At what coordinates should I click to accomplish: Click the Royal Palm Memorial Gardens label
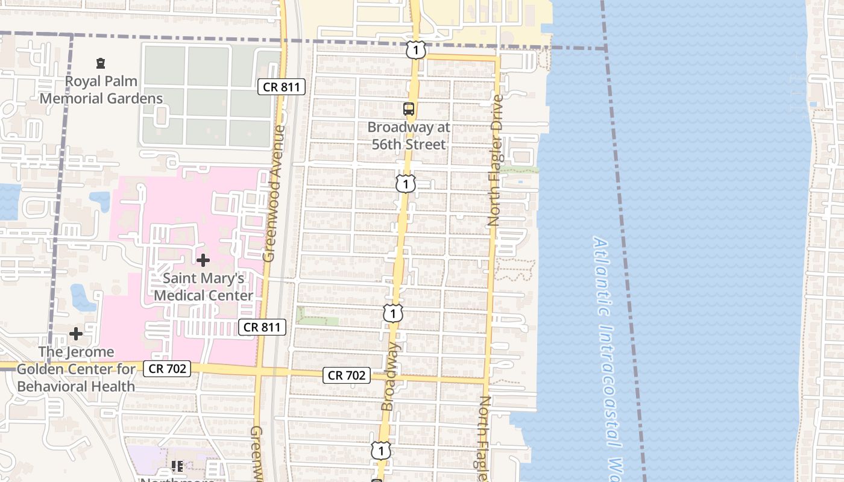click(x=101, y=90)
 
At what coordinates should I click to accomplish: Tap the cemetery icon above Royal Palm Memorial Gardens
click(x=101, y=63)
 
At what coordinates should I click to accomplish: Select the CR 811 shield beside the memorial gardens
click(x=282, y=87)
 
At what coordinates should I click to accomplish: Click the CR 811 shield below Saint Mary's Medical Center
click(x=262, y=327)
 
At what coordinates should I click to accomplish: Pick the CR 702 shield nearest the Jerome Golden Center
click(x=167, y=369)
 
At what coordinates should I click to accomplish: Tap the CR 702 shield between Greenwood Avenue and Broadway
click(x=347, y=375)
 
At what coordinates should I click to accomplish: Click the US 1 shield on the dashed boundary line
click(x=415, y=49)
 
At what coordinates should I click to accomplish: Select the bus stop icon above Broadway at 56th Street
click(x=409, y=109)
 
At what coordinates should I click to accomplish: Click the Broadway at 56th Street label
click(x=409, y=136)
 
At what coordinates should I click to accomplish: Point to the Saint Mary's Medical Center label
click(x=204, y=287)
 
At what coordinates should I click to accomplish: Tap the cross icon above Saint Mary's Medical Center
click(x=204, y=260)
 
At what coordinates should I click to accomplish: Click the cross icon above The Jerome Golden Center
click(x=76, y=333)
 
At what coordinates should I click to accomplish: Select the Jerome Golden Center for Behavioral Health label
click(x=76, y=369)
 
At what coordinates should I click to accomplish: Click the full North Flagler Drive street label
click(x=496, y=160)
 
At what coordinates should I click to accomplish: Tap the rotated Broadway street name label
click(x=389, y=377)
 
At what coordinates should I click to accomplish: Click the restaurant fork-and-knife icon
click(x=177, y=466)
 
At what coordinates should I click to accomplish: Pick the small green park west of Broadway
click(x=317, y=317)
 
